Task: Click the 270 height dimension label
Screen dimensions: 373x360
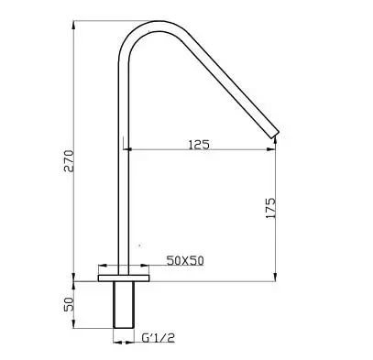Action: (x=69, y=161)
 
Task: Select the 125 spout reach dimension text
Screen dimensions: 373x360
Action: (x=199, y=145)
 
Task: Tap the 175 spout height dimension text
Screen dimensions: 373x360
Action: (x=270, y=208)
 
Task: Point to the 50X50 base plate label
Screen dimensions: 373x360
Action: (x=185, y=260)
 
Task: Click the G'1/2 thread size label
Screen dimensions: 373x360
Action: (x=159, y=337)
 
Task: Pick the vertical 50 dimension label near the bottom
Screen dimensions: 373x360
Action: (x=69, y=304)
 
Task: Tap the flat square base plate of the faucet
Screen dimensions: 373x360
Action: (x=124, y=278)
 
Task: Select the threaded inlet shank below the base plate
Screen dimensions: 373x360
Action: (x=124, y=305)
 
